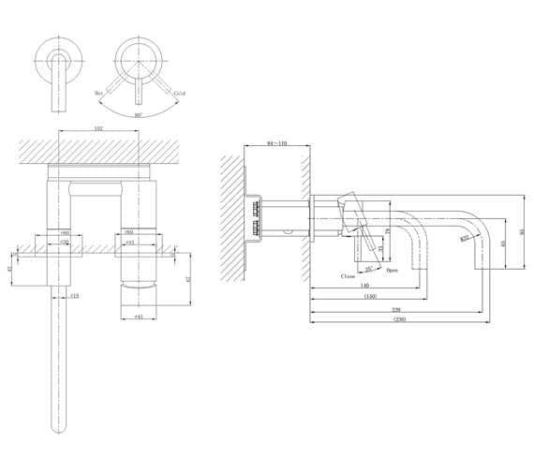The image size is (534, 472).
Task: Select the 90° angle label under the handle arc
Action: (139, 114)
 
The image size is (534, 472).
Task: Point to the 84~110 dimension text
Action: (276, 144)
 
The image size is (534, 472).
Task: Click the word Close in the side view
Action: (349, 276)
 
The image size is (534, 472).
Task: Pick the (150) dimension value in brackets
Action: (369, 297)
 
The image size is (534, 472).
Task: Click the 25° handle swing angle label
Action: (369, 269)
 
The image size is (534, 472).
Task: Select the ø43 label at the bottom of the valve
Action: (138, 317)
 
